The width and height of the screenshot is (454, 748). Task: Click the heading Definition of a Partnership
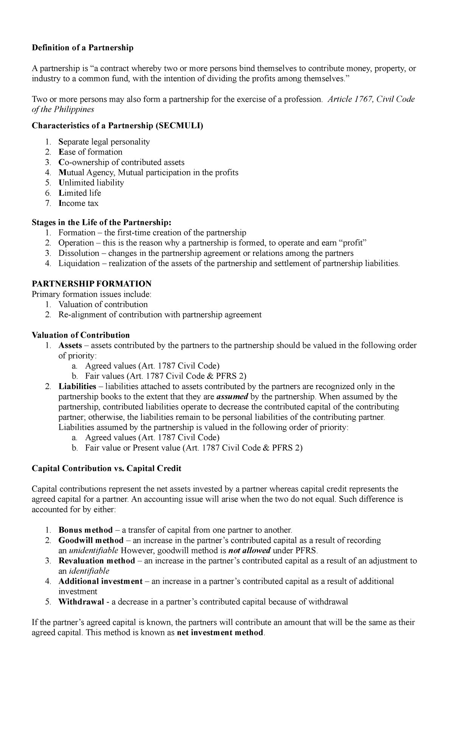(x=82, y=48)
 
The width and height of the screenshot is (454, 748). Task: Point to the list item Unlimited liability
(x=91, y=183)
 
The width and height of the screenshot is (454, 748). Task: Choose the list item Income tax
(x=78, y=203)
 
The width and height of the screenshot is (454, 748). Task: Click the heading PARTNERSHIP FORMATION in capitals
(x=92, y=284)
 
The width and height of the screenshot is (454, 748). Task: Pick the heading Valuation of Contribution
(x=81, y=335)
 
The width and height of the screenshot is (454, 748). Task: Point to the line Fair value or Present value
(x=194, y=448)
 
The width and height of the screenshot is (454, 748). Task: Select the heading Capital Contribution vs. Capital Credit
(x=106, y=468)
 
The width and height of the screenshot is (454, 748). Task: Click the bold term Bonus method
(x=86, y=530)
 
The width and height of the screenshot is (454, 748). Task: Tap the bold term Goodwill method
(x=91, y=540)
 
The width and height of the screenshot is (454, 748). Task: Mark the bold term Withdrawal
(x=81, y=602)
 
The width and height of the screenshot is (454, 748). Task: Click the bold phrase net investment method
(x=220, y=633)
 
